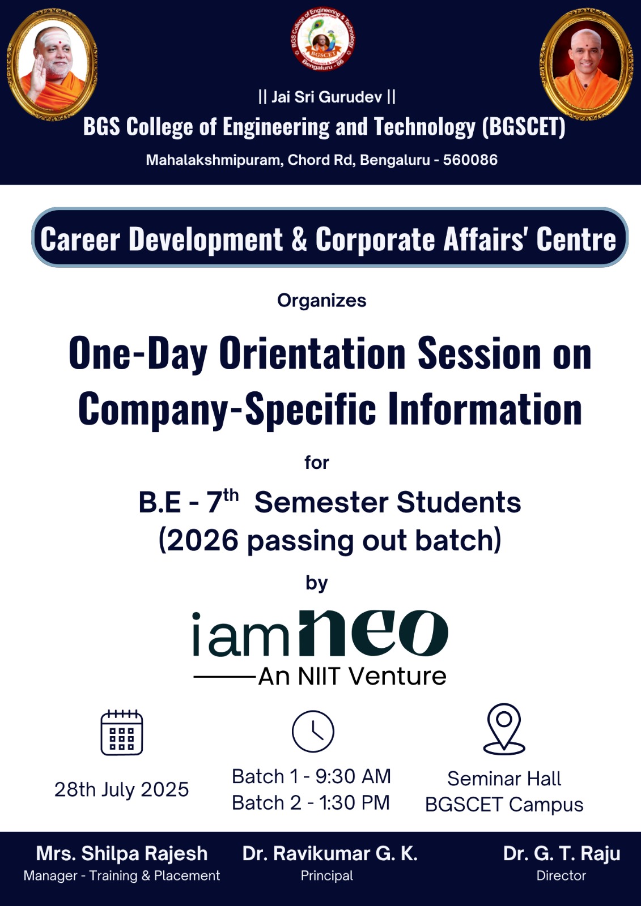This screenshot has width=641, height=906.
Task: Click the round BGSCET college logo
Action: (323, 39)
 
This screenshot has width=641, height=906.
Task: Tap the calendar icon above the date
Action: (121, 733)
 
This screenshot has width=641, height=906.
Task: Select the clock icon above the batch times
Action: (313, 731)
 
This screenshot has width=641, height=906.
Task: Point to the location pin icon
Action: (504, 729)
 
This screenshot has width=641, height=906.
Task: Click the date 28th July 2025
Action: (121, 789)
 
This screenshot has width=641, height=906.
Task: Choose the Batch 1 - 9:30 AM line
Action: (311, 776)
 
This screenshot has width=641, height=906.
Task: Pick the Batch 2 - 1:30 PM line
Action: (311, 802)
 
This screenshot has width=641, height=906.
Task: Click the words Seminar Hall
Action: (504, 779)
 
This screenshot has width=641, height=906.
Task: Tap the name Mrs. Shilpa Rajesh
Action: (121, 853)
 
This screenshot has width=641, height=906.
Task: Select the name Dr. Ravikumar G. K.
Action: (330, 853)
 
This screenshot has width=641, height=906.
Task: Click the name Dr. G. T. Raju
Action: (562, 853)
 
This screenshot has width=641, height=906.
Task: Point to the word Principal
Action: (327, 875)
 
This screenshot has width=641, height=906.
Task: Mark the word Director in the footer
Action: (561, 875)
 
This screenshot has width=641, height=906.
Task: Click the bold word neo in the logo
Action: (373, 634)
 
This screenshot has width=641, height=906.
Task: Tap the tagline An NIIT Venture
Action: (353, 676)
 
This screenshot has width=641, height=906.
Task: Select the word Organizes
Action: (321, 301)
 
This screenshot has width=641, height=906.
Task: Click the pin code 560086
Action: (470, 160)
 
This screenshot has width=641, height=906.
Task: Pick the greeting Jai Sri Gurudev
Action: (327, 97)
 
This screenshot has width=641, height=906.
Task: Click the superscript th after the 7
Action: (231, 495)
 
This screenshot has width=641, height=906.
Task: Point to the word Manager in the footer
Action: (50, 875)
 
